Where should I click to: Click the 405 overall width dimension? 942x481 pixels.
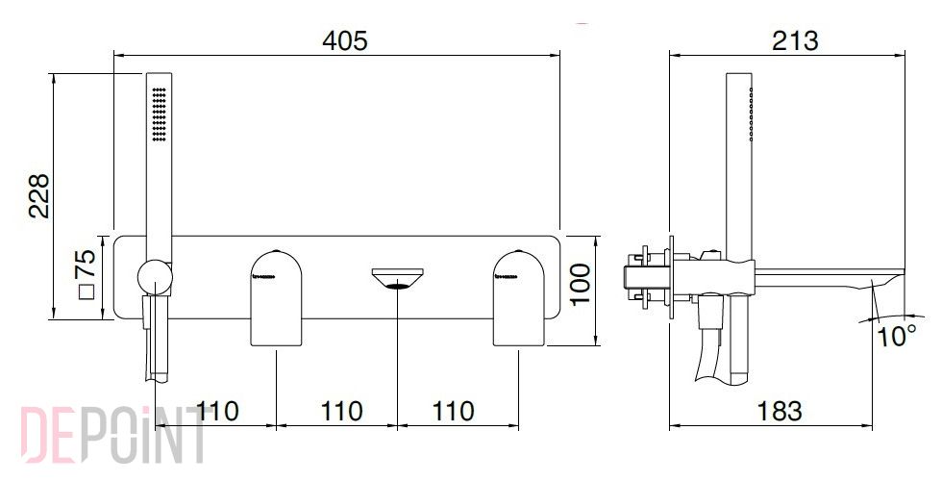point(345,40)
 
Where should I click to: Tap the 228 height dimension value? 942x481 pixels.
point(39,196)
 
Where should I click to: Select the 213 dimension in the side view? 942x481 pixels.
point(796,40)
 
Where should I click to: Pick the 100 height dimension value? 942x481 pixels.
point(581,285)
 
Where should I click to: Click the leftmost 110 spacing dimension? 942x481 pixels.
point(217,412)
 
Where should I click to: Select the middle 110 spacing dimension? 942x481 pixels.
point(341,412)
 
